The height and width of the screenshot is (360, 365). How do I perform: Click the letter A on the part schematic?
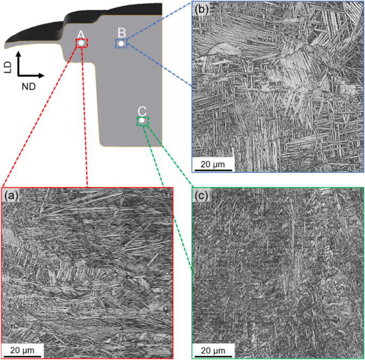coord(80,35)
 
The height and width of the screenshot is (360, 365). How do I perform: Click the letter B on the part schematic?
coord(121,33)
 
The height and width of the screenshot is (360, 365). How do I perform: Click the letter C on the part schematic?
coord(142,111)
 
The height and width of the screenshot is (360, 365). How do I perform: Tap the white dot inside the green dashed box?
coord(142,121)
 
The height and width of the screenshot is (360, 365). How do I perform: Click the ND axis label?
coord(29,86)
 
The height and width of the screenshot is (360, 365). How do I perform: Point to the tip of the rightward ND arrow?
coord(44,77)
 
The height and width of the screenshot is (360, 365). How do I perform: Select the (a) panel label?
coord(11,196)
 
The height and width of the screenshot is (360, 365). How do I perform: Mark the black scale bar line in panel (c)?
coord(213,356)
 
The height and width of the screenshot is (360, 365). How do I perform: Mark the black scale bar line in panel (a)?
coord(23,356)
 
